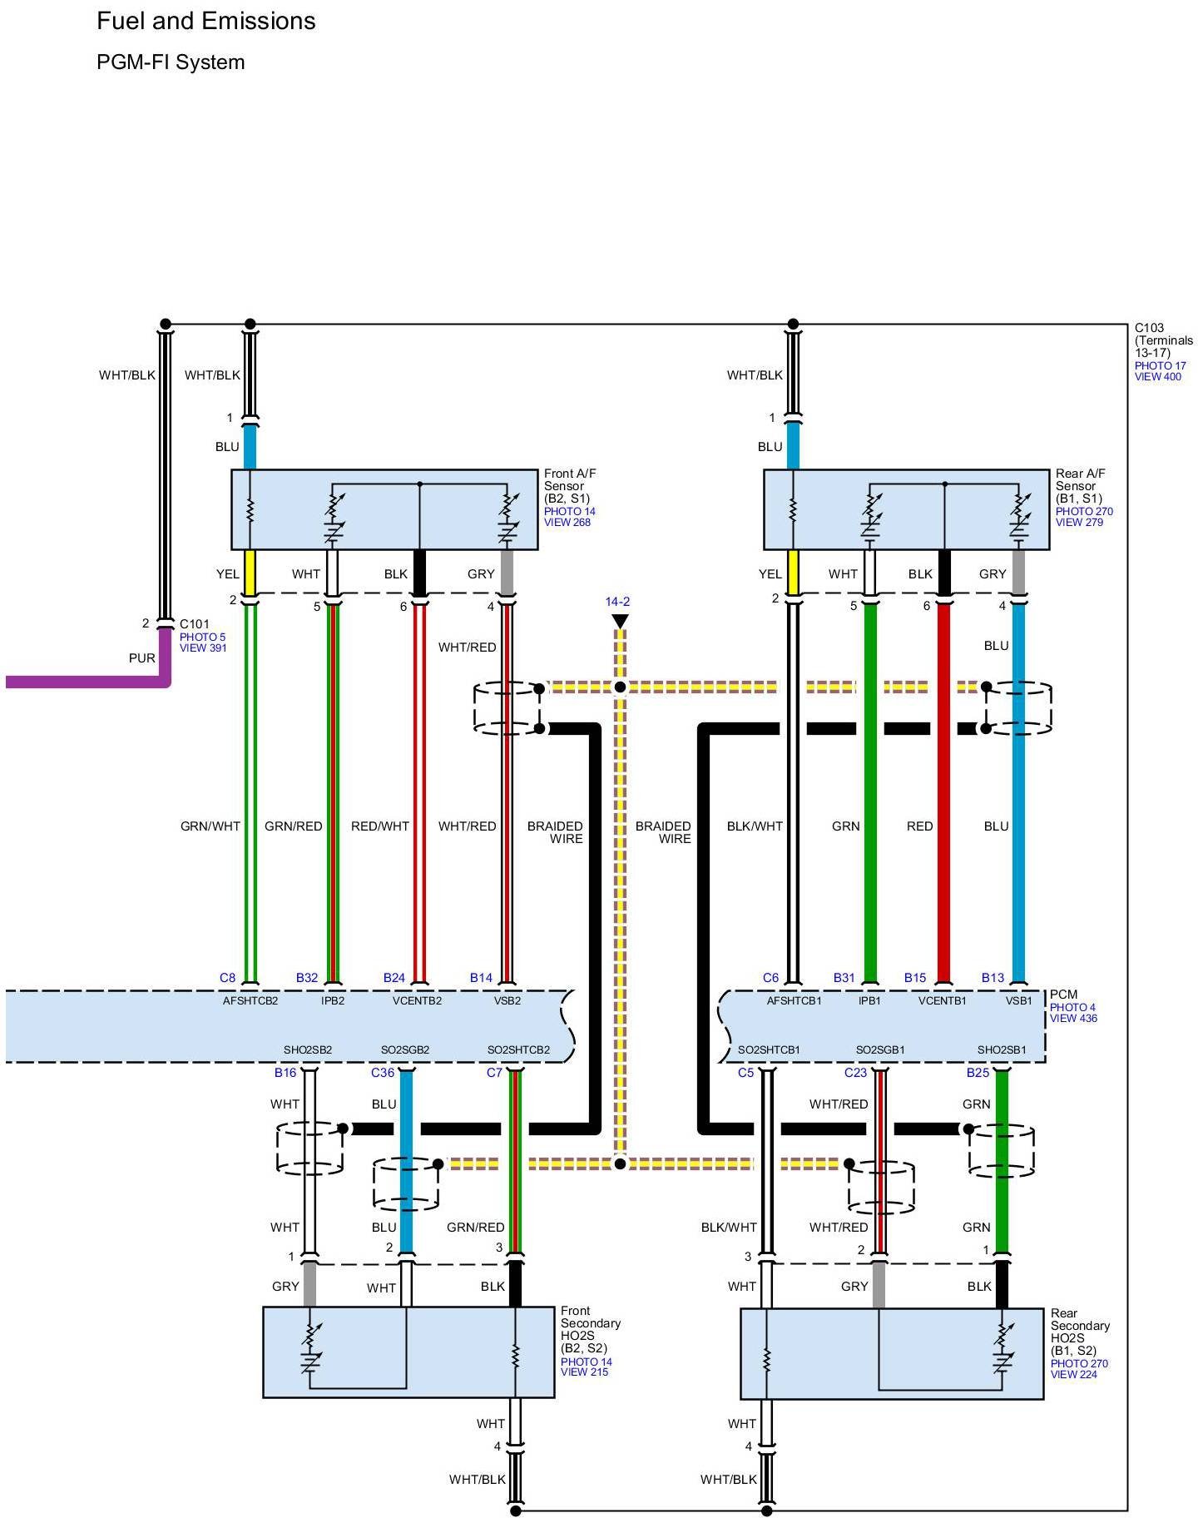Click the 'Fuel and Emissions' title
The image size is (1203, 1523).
coord(205,22)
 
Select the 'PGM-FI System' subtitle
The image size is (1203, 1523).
coord(171,62)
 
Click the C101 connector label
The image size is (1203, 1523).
coord(195,624)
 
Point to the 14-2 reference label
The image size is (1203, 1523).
coord(617,602)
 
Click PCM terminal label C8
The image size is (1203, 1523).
coord(227,978)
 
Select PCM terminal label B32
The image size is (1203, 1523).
coord(307,978)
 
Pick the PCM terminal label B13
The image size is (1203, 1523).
coord(993,978)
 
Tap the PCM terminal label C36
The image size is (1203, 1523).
coord(383,1073)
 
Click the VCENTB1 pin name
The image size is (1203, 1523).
coord(942,1001)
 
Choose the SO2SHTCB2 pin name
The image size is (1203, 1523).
coord(518,1050)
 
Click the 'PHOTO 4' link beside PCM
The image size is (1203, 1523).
coord(1072,1007)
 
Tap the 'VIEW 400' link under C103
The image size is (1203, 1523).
coord(1157,377)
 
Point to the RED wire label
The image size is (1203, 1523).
coord(919,826)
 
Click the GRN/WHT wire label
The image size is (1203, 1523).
coord(210,826)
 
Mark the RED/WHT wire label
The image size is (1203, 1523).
coord(380,826)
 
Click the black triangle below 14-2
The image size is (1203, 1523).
coord(620,621)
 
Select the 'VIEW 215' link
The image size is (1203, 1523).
coord(584,1372)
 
